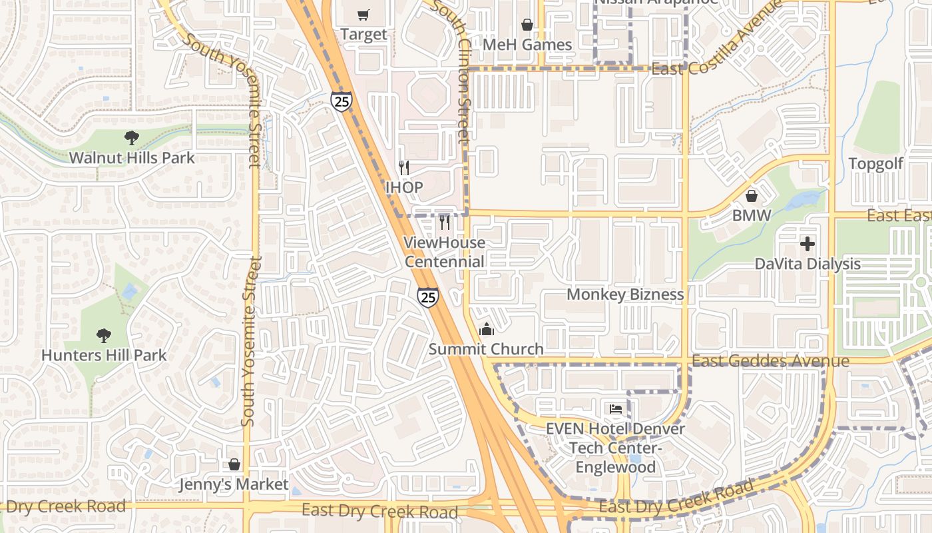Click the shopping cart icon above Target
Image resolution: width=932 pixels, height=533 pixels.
coord(363,15)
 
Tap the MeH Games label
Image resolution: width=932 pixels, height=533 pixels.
coord(527,45)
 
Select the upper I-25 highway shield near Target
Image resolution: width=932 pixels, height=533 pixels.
coord(341,101)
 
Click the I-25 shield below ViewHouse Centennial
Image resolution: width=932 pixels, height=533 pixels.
coord(428,296)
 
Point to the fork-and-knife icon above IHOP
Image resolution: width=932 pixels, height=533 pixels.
coord(403,167)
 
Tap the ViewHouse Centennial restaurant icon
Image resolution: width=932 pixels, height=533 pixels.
coord(445,222)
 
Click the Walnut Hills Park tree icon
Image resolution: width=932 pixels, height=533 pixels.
coord(132,138)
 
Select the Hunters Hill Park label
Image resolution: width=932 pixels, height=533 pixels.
coord(104,355)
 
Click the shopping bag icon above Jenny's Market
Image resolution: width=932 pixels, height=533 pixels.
coord(234,464)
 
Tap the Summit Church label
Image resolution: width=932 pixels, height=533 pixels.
coord(486,349)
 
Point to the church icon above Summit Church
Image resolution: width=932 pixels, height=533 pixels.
coord(487,329)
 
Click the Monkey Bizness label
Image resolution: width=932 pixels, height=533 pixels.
coord(625,294)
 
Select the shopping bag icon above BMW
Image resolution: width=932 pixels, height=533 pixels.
coord(752,196)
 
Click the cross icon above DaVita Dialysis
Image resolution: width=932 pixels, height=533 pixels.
coord(808,244)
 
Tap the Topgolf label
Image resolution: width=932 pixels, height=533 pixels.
coord(875,164)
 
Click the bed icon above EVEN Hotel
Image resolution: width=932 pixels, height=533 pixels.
coord(615,408)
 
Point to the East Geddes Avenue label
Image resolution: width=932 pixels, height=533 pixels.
coord(770,361)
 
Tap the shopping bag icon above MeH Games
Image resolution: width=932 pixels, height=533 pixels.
coord(527,25)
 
